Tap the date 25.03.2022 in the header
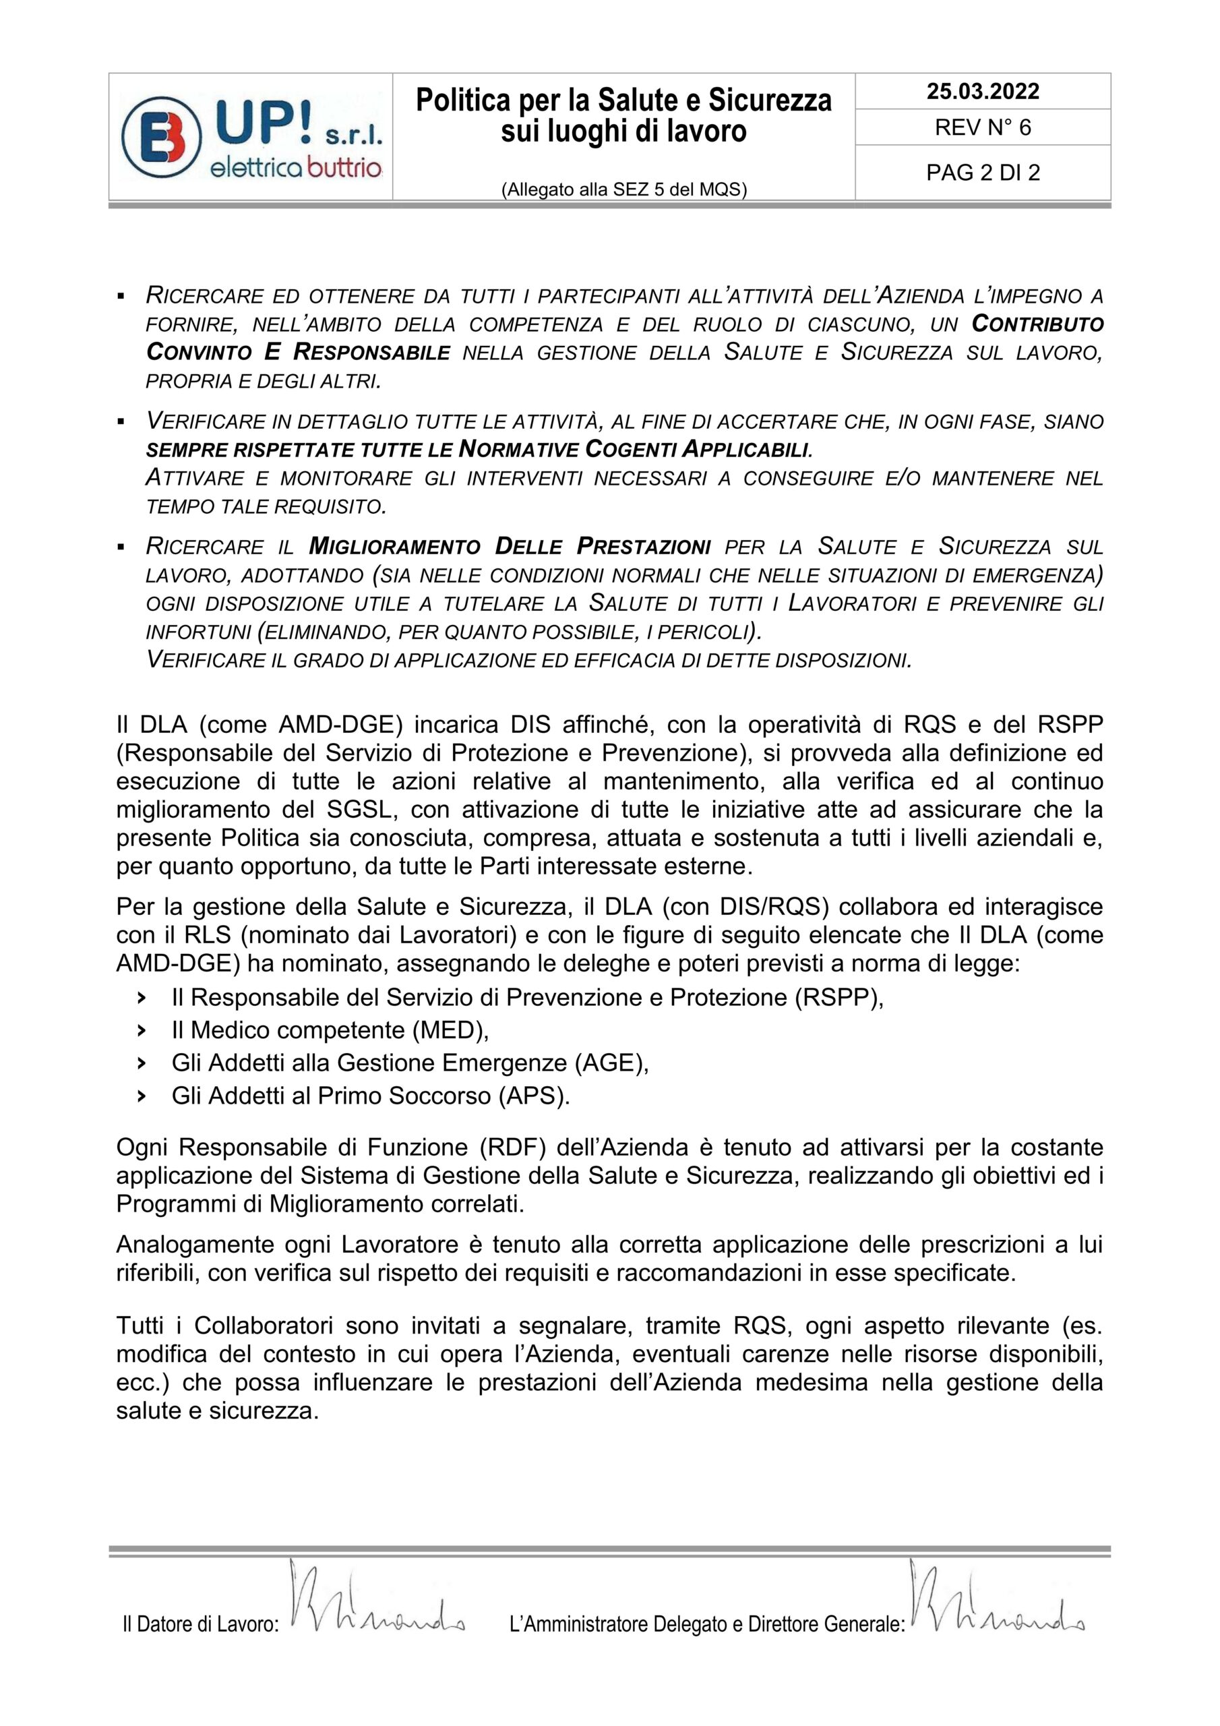pos(983,92)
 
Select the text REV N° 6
pos(983,128)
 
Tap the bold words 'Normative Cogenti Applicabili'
pos(634,450)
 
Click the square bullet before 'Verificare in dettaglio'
pos(120,423)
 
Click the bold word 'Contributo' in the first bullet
pos(1037,324)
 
